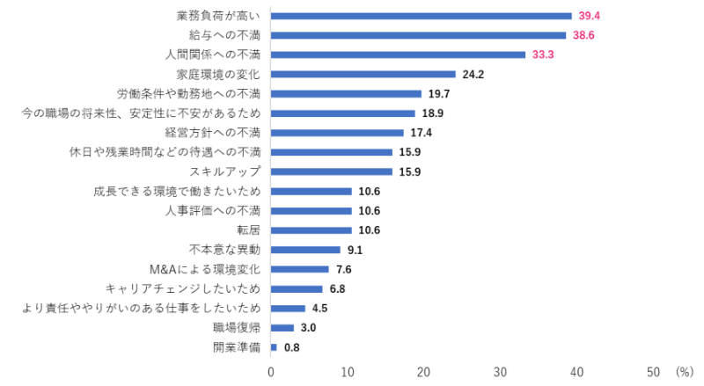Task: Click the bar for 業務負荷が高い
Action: click(x=421, y=16)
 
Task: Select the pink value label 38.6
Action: click(x=590, y=35)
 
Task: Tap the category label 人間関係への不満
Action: click(x=213, y=55)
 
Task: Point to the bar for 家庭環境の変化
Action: click(x=363, y=74)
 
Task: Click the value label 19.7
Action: click(x=439, y=93)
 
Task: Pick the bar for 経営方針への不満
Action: click(x=337, y=133)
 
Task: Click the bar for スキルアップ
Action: click(x=331, y=171)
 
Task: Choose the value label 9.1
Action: click(x=356, y=250)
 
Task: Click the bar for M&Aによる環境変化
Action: click(x=299, y=269)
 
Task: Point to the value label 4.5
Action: click(x=321, y=309)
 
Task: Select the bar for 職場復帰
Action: click(x=282, y=328)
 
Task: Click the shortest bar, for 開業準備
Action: click(x=274, y=347)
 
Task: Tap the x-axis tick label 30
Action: click(x=501, y=372)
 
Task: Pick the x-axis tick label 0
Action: click(x=271, y=372)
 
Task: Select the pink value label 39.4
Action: click(x=590, y=16)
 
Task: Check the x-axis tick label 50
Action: click(x=654, y=372)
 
